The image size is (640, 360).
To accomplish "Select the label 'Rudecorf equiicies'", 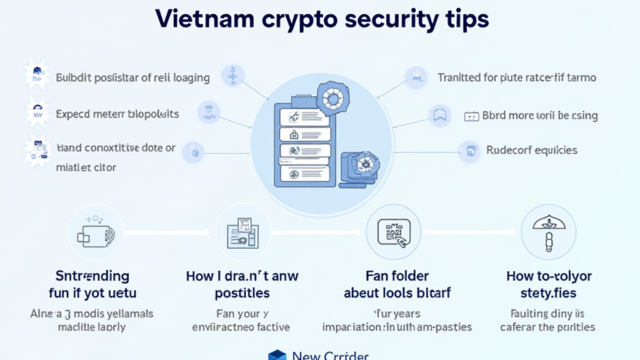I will (x=531, y=150).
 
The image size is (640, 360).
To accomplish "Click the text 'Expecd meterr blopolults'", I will (x=117, y=114).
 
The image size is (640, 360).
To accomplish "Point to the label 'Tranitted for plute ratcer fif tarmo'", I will (x=516, y=78).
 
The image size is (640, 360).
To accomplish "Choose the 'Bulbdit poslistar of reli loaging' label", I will (x=132, y=78).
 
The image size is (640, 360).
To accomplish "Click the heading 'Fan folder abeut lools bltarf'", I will (x=397, y=284).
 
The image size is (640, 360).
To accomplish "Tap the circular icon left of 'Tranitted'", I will (x=416, y=77).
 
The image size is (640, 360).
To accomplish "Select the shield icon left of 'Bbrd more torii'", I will (x=440, y=115).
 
